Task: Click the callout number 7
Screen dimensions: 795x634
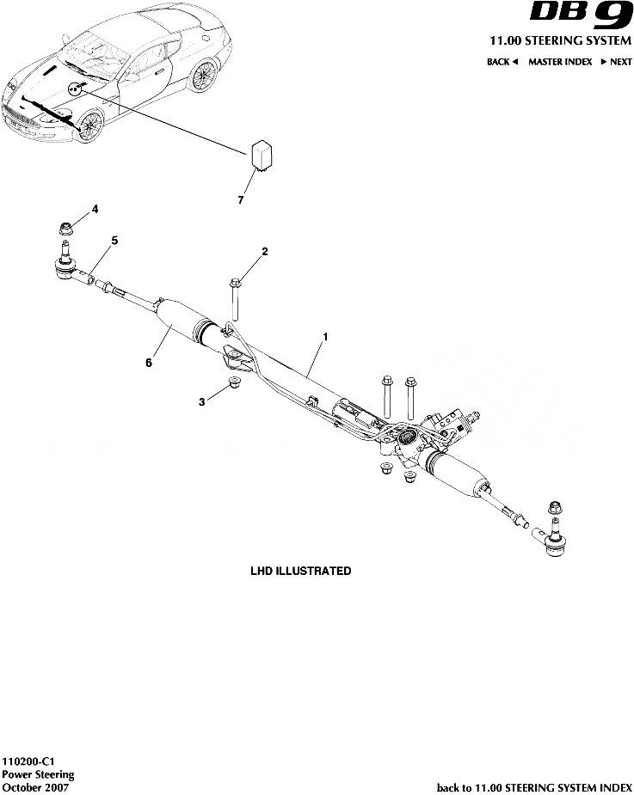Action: click(x=241, y=199)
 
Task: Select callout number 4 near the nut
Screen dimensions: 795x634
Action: click(x=95, y=209)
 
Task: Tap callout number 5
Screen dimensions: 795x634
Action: click(x=114, y=240)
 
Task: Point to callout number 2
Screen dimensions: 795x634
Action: click(x=265, y=251)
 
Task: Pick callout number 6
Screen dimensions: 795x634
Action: click(x=148, y=364)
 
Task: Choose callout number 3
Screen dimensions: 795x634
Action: click(x=202, y=401)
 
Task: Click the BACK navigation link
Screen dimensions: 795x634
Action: click(x=502, y=62)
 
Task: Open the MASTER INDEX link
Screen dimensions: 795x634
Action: click(x=560, y=62)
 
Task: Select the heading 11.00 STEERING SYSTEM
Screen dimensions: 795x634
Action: click(x=560, y=41)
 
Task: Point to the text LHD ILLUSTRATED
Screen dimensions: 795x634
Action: click(x=300, y=571)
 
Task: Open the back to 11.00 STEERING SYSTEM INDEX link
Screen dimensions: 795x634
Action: click(x=534, y=787)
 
